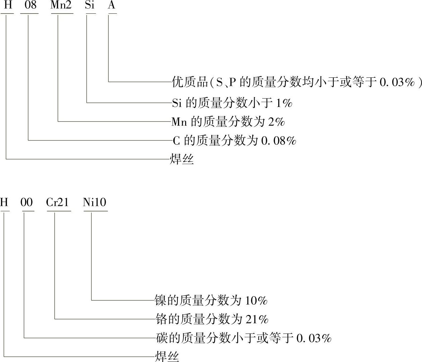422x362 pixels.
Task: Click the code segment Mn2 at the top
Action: [x=61, y=6]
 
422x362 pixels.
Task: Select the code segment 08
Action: [x=29, y=6]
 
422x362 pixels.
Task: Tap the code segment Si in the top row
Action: [x=90, y=6]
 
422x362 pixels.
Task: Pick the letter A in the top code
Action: [x=112, y=6]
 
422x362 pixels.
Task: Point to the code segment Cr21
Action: [x=57, y=202]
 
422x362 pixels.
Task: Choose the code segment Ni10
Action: [x=95, y=202]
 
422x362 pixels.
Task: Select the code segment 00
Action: [x=27, y=202]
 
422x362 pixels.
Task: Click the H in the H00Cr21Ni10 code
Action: [x=4, y=202]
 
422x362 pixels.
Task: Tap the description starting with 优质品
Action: [x=297, y=82]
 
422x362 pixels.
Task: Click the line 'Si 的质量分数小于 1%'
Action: [x=232, y=103]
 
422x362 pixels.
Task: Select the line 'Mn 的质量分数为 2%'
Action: [x=228, y=122]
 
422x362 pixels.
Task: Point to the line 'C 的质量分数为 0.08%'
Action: [x=234, y=140]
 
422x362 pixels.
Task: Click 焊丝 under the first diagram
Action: [x=182, y=159]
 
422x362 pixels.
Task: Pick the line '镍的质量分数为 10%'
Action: [x=211, y=301]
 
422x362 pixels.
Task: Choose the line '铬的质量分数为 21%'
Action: [x=212, y=319]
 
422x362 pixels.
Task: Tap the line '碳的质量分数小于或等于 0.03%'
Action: [x=243, y=338]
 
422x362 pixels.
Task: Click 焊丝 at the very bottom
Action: [x=167, y=356]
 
